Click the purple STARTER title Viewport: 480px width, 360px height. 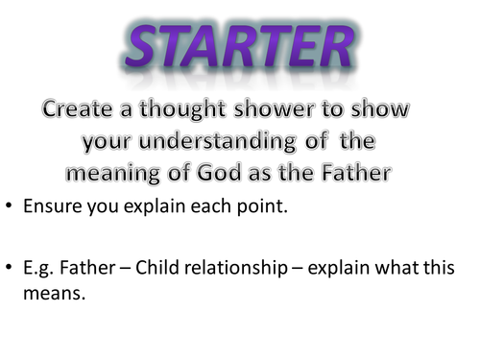click(x=240, y=47)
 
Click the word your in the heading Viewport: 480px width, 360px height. click(x=111, y=143)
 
